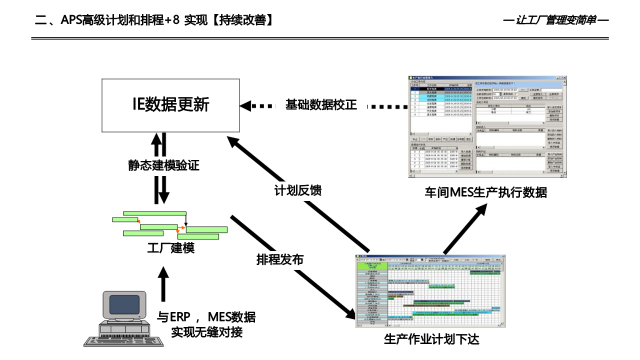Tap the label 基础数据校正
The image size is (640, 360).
pos(321,105)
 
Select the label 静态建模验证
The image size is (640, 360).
pos(163,165)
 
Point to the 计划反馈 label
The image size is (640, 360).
pos(297,190)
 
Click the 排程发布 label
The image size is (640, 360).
pos(279,259)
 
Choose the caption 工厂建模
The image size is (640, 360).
pos(170,248)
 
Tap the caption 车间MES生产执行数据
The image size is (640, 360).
pos(485,192)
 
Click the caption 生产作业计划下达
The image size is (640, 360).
pos(431,339)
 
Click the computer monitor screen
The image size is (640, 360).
pos(124,304)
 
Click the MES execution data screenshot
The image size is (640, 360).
pos(487,126)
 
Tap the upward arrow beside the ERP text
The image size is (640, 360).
pos(161,289)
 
